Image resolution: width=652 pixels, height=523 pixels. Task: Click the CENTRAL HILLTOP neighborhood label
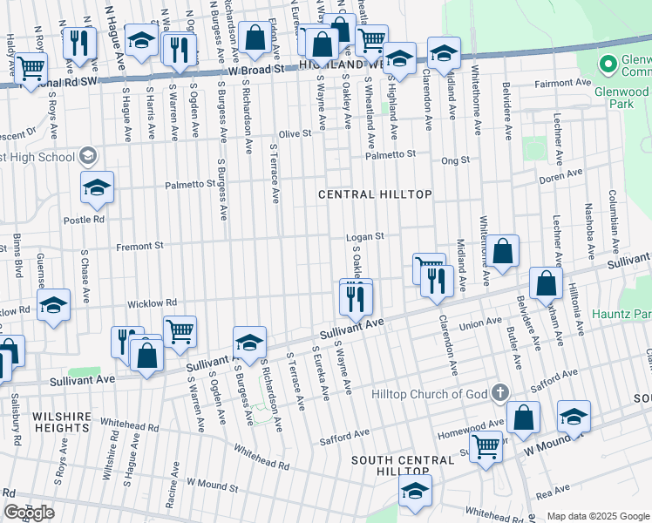[x=375, y=194]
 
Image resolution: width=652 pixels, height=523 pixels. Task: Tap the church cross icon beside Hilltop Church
[x=500, y=392]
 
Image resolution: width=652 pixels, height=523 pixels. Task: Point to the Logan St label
[x=365, y=236]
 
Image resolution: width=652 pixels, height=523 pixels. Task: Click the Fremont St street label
[x=140, y=247]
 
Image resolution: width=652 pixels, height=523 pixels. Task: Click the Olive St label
[x=295, y=133]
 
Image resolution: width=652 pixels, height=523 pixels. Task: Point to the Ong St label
[x=455, y=160]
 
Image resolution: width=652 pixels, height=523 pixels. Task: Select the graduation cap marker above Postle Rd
[x=98, y=187]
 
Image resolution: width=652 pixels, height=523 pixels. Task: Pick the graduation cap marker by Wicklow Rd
[x=53, y=305]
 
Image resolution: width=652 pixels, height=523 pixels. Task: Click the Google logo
[x=29, y=513]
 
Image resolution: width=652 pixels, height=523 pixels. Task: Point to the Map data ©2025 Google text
[x=598, y=516]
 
